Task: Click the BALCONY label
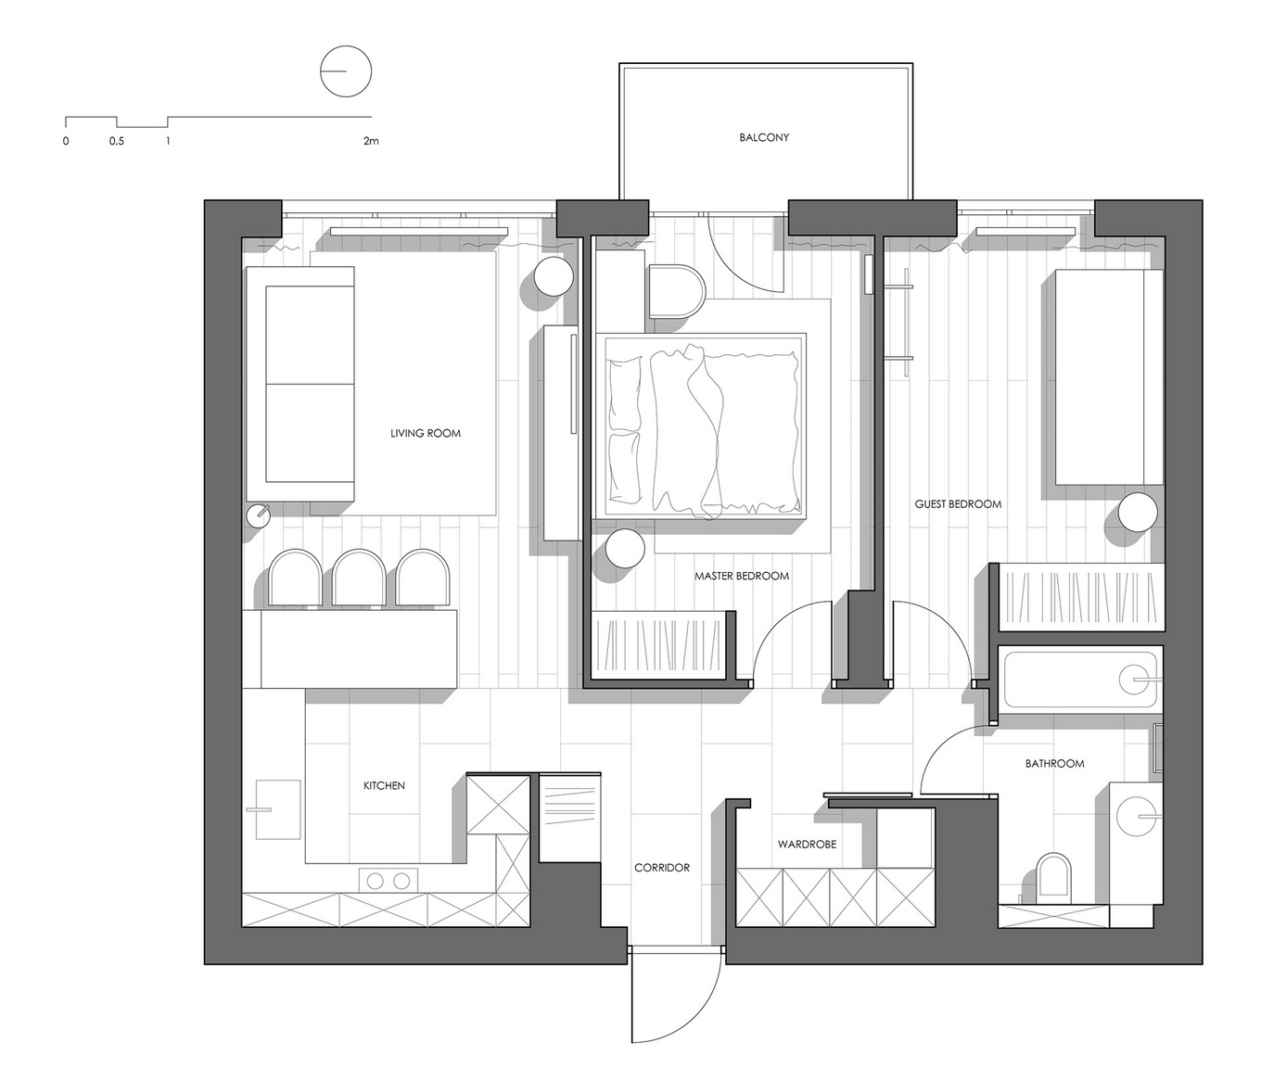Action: (x=764, y=137)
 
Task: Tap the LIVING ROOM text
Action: (x=426, y=433)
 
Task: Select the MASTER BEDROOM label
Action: (x=741, y=576)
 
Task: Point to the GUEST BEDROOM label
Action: (x=958, y=504)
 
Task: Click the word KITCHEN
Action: (x=384, y=786)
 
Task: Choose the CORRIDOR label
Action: (x=662, y=867)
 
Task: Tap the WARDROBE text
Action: (x=807, y=845)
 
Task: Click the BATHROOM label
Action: (x=1054, y=763)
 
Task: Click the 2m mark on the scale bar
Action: (x=370, y=141)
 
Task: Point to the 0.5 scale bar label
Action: (x=116, y=141)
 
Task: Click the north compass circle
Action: (x=346, y=71)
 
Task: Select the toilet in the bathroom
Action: (x=1053, y=874)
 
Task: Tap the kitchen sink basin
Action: (x=278, y=809)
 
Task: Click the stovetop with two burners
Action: (x=388, y=881)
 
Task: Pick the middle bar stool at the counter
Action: (x=359, y=579)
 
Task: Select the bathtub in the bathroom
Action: (x=1080, y=680)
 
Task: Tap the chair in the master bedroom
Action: (x=677, y=292)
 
